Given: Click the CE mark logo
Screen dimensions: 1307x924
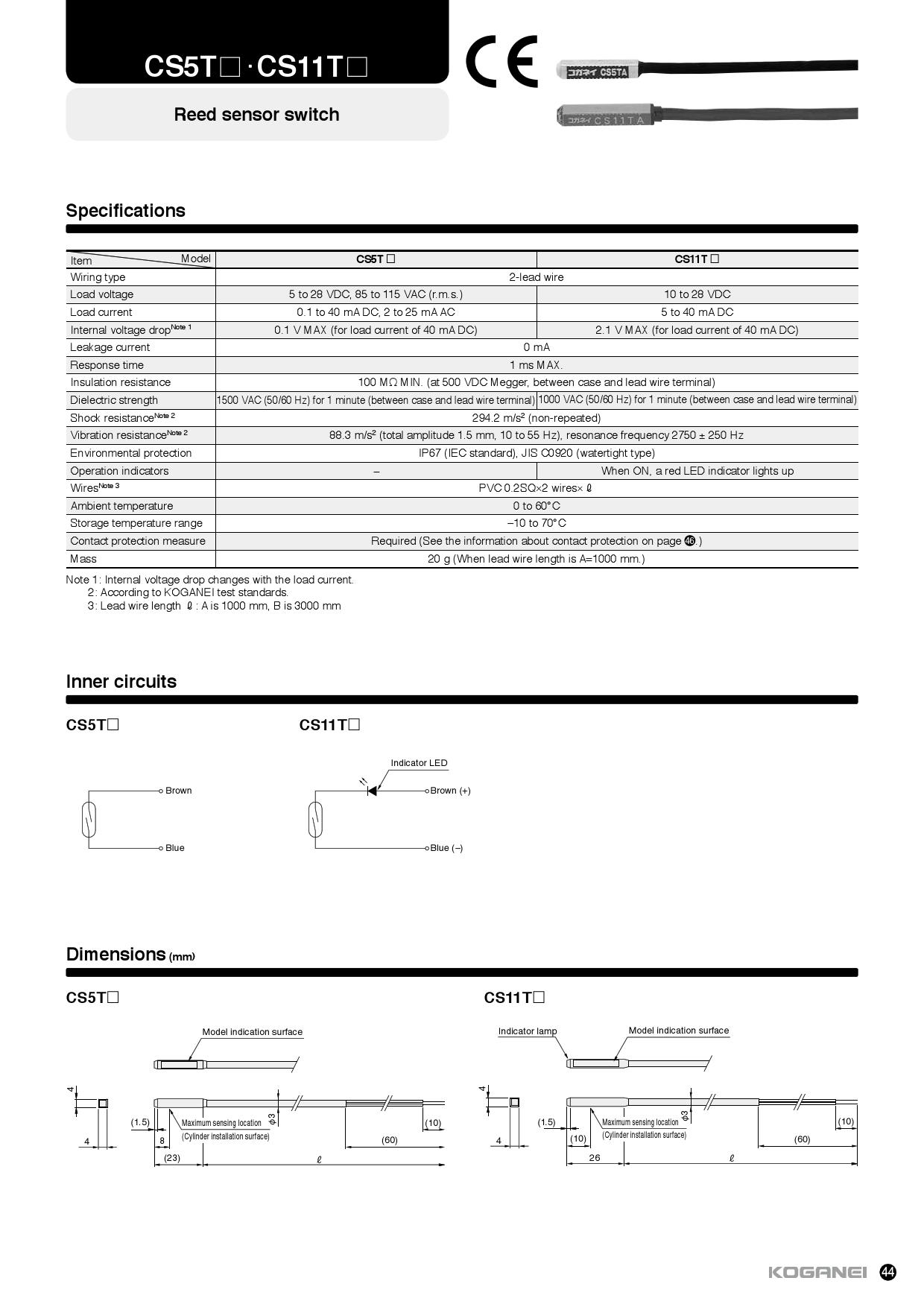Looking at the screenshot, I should click(501, 61).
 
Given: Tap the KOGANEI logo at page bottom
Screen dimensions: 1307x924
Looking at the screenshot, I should click(817, 1272).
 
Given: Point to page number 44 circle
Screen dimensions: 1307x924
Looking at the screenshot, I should click(887, 1272).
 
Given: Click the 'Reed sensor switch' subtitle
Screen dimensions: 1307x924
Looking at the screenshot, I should click(256, 114).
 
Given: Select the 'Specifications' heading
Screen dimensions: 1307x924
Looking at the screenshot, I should click(125, 211).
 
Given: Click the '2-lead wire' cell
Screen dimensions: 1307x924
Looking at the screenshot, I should click(536, 277).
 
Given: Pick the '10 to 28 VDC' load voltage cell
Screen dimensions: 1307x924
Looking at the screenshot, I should click(697, 294).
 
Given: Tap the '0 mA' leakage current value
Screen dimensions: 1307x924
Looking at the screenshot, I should click(536, 347).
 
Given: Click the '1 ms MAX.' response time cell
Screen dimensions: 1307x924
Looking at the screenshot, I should click(536, 365).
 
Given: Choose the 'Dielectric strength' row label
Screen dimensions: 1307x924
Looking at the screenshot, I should click(114, 400).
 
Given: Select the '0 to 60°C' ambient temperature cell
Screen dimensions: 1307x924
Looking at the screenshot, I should click(536, 506).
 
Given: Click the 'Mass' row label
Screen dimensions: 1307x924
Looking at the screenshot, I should click(83, 559).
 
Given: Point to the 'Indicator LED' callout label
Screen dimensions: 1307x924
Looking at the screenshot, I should click(419, 763).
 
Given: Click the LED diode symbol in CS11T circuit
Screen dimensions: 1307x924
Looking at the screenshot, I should click(372, 791).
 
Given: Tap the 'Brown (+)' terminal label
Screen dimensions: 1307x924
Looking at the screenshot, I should click(450, 791).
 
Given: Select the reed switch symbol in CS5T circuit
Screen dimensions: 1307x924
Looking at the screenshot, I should click(89, 819).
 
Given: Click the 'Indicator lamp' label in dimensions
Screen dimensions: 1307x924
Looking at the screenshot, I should click(528, 1031).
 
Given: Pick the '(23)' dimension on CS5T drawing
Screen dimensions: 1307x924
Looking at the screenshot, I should click(172, 1158).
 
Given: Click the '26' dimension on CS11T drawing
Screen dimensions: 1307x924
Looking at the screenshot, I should click(594, 1158).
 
